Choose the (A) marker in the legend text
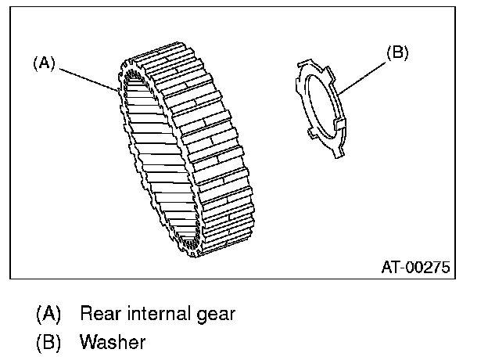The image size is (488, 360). pos(48,315)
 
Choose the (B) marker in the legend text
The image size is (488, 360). pos(48,342)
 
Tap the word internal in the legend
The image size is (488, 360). pos(156,315)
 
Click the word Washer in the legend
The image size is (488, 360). pos(113,342)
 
